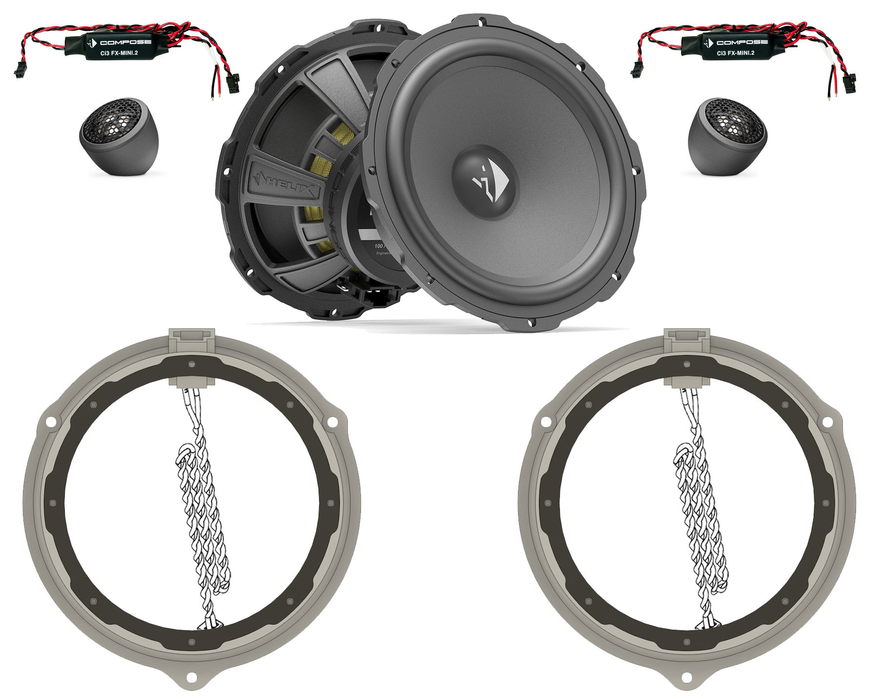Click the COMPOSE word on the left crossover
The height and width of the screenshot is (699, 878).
[x=125, y=42]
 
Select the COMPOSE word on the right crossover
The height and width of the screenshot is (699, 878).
[x=741, y=42]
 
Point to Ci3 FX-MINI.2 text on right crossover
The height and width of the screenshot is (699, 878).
[x=735, y=53]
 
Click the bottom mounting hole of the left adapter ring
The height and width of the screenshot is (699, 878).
[x=192, y=677]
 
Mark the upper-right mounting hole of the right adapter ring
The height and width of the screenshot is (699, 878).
[x=828, y=421]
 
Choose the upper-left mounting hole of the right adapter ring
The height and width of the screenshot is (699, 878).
[x=546, y=421]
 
